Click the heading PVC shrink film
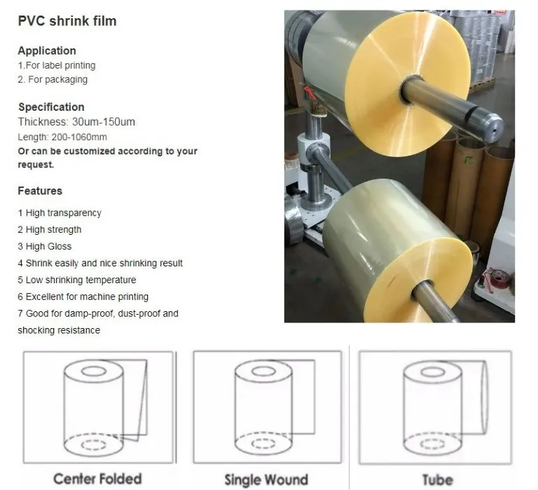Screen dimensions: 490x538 [67, 21]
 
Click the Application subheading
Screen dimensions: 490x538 [47, 50]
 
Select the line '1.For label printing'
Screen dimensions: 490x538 [57, 65]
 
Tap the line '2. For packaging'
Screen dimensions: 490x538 [53, 79]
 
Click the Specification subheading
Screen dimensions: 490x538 [51, 107]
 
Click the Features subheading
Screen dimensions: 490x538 [40, 191]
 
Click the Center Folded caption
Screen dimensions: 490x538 [97, 479]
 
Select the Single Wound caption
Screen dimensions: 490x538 [266, 479]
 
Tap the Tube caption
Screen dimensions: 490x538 [436, 479]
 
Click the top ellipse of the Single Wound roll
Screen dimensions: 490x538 [263, 371]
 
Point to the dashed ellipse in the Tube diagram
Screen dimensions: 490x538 [433, 444]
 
